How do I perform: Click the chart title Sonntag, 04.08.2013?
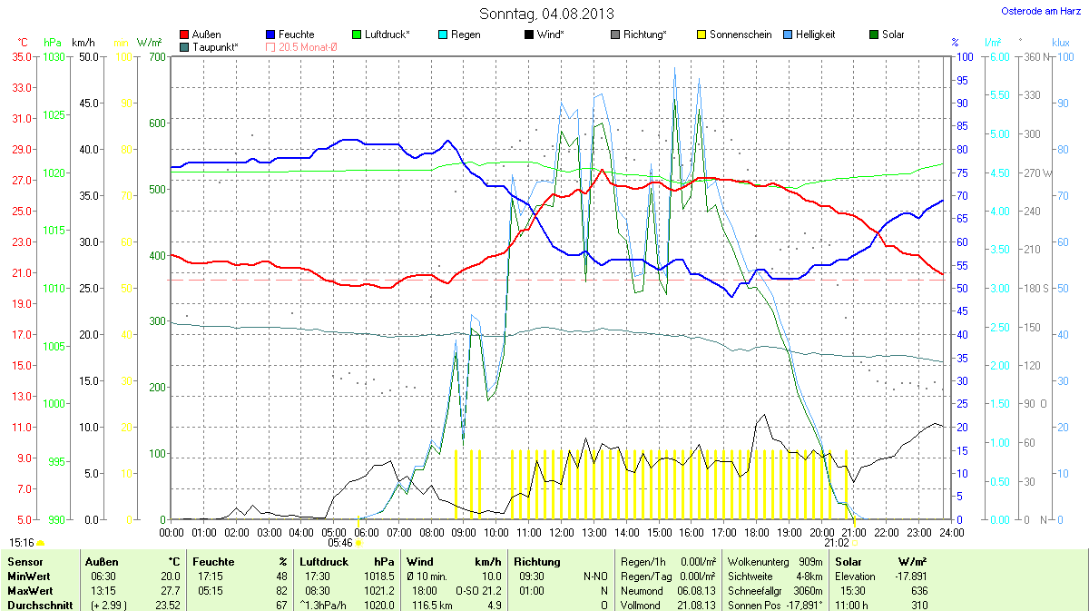(x=546, y=14)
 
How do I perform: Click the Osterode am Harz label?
(x=1040, y=11)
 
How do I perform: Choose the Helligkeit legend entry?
(x=815, y=34)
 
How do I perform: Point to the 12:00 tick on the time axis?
(x=562, y=531)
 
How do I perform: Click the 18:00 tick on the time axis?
(x=757, y=531)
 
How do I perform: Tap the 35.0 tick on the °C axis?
(x=22, y=57)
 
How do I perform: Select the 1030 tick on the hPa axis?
(x=54, y=57)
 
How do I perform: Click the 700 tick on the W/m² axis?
(x=158, y=57)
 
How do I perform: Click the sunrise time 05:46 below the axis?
(x=339, y=542)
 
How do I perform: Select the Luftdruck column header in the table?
(x=323, y=562)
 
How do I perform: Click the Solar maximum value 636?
(x=919, y=590)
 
